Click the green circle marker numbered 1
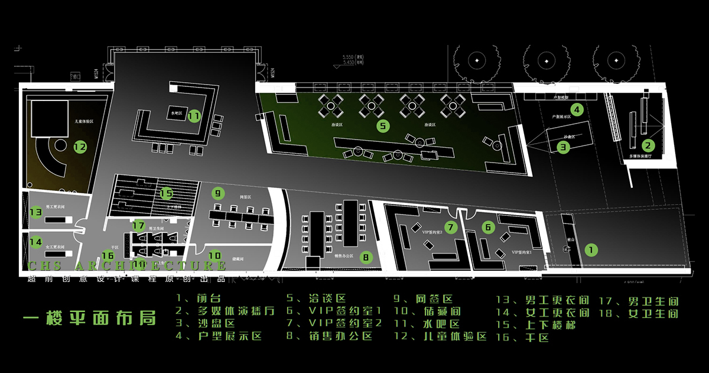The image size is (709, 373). tap(590, 250)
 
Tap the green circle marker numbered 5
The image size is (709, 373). tap(382, 126)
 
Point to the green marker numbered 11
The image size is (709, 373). tap(194, 116)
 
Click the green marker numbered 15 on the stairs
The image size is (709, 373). tap(166, 193)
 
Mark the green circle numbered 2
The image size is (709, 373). tap(648, 145)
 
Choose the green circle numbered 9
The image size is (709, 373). tap(218, 193)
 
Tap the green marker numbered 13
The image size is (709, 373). tap(35, 212)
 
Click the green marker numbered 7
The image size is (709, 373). tap(451, 227)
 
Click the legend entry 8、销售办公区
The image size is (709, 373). tap(329, 336)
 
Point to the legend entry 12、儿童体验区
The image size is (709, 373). tap(440, 336)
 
